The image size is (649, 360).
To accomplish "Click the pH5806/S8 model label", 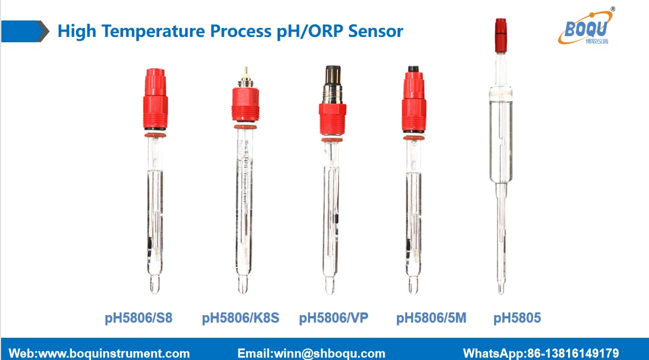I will pyautogui.click(x=138, y=318).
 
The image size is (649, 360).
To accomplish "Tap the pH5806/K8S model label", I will pyautogui.click(x=240, y=318).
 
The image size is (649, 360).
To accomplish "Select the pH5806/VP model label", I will pyautogui.click(x=333, y=318).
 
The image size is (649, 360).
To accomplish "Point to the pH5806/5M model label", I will pyautogui.click(x=431, y=318).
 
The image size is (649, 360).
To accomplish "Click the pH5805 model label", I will pyautogui.click(x=517, y=318).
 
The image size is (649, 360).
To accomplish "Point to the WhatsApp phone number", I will pyautogui.click(x=573, y=353).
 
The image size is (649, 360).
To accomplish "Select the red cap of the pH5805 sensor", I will pyautogui.click(x=500, y=35).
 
